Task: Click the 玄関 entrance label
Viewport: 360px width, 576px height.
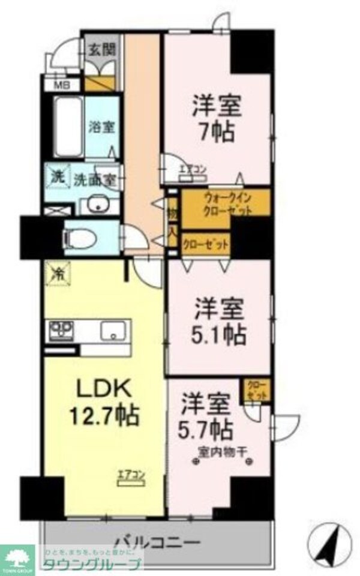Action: click(103, 49)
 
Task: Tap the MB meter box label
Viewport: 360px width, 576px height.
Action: click(62, 85)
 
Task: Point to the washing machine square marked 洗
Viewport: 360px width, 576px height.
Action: click(55, 178)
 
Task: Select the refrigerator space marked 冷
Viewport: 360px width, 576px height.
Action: click(58, 274)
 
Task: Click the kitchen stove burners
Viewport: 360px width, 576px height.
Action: click(61, 329)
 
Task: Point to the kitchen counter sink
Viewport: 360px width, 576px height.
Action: click(113, 330)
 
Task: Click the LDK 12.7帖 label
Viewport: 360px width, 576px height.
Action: click(103, 401)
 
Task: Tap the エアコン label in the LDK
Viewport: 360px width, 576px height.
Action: click(131, 478)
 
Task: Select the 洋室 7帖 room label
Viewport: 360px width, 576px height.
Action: click(216, 118)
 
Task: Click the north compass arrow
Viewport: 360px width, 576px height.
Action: click(328, 544)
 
